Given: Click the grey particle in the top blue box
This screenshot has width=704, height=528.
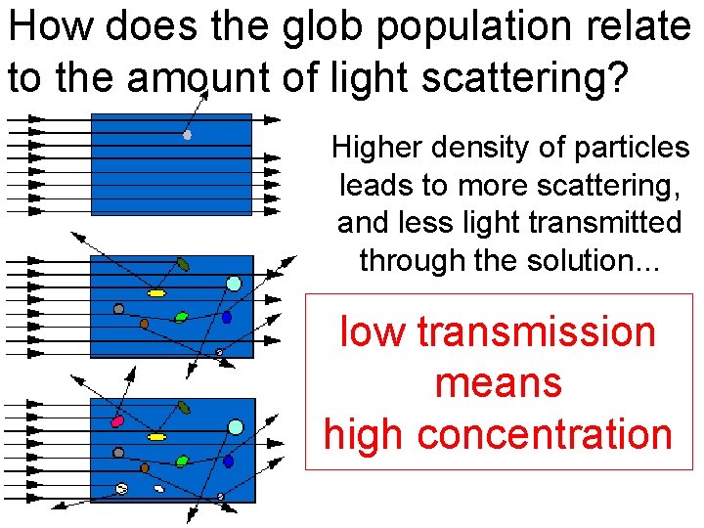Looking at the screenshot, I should pos(187,135).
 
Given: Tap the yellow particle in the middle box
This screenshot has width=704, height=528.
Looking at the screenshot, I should pos(156,292).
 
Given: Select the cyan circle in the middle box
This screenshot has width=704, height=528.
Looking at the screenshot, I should pos(234,284).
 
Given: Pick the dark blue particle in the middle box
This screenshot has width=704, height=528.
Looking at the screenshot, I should pos(227,318).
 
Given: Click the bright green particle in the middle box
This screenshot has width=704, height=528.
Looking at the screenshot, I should pos(181,317).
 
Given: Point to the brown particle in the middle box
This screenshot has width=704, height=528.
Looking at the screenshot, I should pos(144,323).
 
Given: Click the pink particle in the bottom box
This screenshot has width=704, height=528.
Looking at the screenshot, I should pos(118,421).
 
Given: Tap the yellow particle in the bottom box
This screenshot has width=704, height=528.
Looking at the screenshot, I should pos(156,436).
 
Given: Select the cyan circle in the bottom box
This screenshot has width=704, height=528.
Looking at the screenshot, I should pos(235,426).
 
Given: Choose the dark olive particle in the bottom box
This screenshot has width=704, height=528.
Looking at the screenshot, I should pos(183,406).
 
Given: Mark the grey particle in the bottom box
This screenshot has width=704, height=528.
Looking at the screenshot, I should pos(118,453).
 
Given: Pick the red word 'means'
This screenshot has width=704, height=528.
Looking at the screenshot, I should pos(499,382).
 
